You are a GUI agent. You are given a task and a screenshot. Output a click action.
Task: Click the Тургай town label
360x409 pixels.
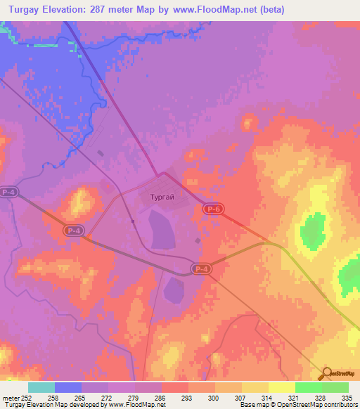pyautogui.click(x=162, y=198)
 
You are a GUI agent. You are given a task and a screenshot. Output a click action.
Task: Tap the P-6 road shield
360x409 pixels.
pyautogui.click(x=214, y=209)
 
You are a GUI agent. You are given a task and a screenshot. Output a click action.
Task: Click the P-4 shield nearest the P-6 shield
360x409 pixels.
pyautogui.click(x=202, y=268)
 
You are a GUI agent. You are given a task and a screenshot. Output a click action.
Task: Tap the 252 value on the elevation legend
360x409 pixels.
pyautogui.click(x=27, y=397)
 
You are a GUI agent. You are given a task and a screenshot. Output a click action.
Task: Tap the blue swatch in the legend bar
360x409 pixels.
pyautogui.click(x=68, y=387)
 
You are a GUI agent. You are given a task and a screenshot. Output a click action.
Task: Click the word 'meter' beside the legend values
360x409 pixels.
pyautogui.click(x=10, y=397)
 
